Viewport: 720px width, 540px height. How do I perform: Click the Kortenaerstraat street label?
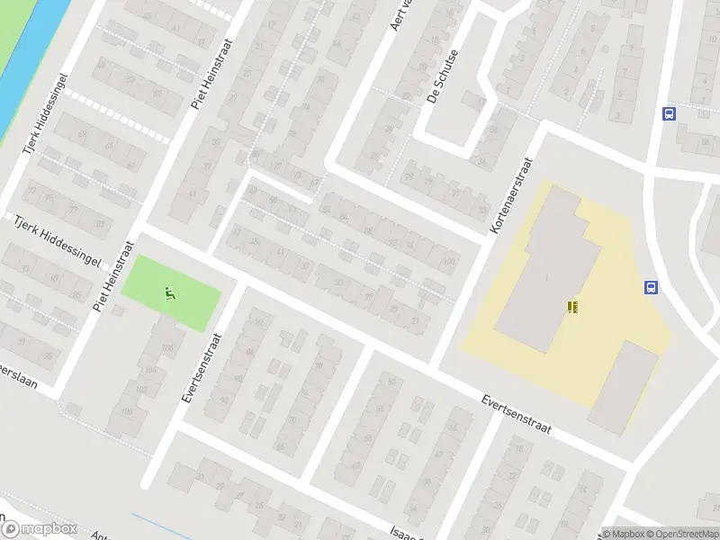pyautogui.click(x=512, y=197)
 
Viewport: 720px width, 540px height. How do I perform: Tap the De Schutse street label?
pyautogui.click(x=443, y=76)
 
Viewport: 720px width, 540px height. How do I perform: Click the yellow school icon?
pyautogui.click(x=571, y=308)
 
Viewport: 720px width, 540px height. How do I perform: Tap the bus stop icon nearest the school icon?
pyautogui.click(x=650, y=288)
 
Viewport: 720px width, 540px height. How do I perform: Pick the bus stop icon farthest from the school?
pyautogui.click(x=669, y=114)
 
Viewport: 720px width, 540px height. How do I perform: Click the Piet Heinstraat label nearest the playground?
pyautogui.click(x=115, y=276)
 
